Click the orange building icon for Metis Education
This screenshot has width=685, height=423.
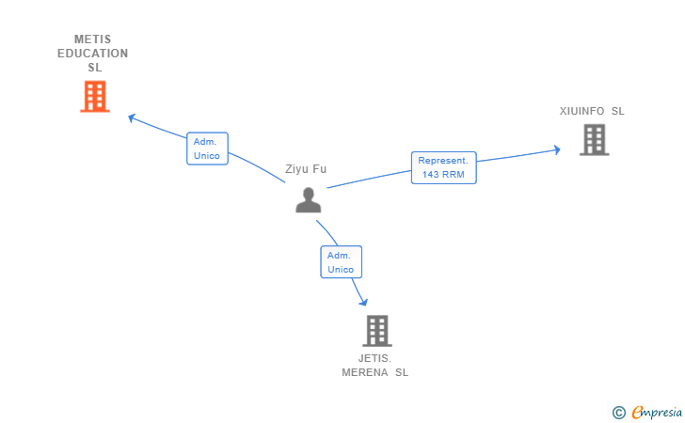click(x=94, y=96)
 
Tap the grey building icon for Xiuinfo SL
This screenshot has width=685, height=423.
click(x=594, y=140)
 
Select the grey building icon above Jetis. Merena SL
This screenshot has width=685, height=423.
click(x=376, y=331)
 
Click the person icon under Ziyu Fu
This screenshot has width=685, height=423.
click(x=308, y=200)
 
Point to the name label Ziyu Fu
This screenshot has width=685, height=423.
click(x=306, y=169)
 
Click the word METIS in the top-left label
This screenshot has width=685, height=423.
click(x=92, y=39)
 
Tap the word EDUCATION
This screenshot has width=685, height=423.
click(x=92, y=54)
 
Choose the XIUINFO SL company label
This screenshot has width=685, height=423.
click(x=592, y=111)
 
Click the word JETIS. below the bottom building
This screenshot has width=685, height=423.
click(x=374, y=358)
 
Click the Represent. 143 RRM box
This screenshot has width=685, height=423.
click(x=443, y=167)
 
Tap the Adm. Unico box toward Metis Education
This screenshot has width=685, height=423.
click(x=207, y=149)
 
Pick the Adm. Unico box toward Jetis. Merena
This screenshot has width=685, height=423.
click(x=341, y=262)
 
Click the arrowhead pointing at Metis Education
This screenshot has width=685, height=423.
click(x=132, y=117)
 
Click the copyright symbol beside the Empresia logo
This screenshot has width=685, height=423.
click(x=618, y=412)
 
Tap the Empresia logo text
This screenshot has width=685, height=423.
click(x=657, y=412)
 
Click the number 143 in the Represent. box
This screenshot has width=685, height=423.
click(x=431, y=175)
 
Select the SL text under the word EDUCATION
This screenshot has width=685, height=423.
click(x=94, y=68)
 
